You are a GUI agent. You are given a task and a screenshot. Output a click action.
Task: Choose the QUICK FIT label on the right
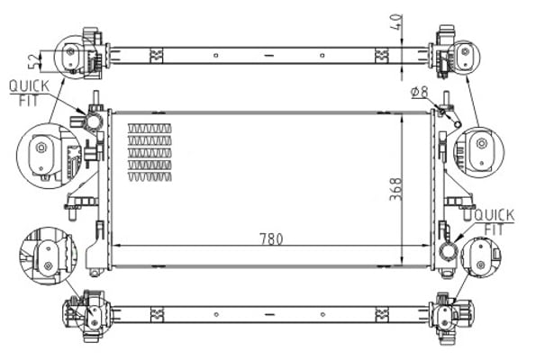(493, 220)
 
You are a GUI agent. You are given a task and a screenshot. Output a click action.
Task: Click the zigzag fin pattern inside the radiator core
(150, 152)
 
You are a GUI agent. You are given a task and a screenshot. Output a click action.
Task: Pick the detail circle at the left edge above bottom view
(41, 250)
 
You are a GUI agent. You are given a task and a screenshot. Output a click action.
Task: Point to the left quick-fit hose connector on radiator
(93, 122)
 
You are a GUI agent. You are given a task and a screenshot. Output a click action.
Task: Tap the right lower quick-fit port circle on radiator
(447, 253)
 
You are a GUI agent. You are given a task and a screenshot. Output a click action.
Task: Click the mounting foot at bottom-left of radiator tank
(95, 266)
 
